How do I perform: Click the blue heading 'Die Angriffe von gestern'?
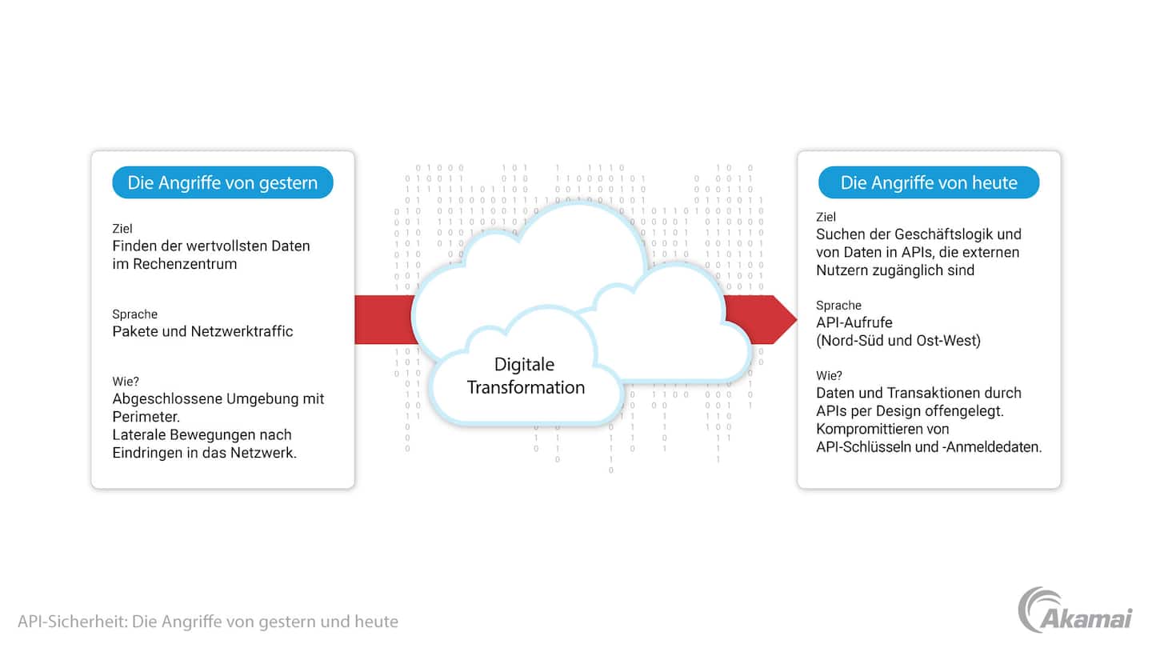[222, 182]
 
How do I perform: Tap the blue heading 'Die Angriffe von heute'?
[928, 182]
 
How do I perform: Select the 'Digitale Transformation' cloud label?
[526, 376]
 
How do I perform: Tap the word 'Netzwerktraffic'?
[242, 331]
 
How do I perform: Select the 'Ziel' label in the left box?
[122, 229]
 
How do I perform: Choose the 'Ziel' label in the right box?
[825, 217]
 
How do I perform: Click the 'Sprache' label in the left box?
[134, 314]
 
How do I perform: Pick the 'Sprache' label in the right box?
[838, 305]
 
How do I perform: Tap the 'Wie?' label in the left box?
[126, 382]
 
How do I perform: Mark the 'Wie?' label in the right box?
[829, 375]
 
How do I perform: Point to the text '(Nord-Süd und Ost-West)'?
[898, 341]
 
